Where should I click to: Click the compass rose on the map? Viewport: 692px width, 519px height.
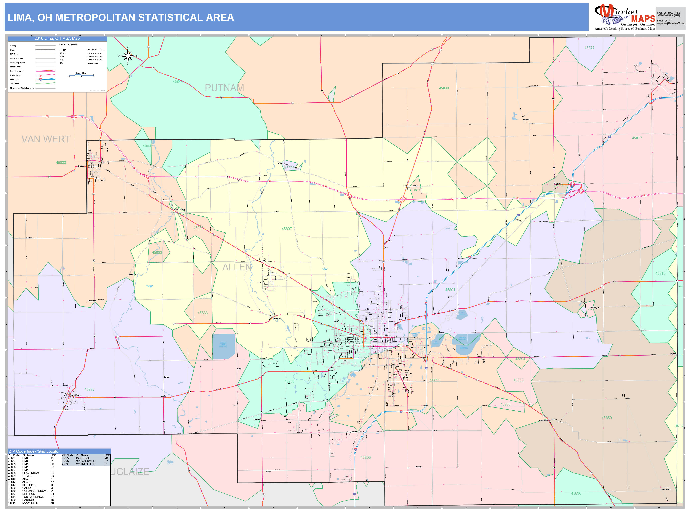pos(128,56)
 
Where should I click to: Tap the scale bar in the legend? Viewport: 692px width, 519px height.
pos(81,75)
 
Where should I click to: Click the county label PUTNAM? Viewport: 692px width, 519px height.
pos(224,88)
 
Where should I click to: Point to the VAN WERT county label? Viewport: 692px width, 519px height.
pos(46,139)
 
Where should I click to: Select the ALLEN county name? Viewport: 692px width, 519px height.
pos(237,267)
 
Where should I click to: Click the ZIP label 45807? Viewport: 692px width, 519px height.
pos(287,229)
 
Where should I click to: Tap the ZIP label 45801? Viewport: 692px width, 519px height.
pos(450,290)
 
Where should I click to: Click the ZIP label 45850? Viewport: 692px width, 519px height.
pos(606,418)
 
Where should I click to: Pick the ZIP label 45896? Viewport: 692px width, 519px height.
pos(576,493)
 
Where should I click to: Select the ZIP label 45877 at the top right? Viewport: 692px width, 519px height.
pos(589,48)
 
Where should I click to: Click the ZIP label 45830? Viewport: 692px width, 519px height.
pos(444,88)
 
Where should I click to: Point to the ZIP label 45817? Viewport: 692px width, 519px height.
pos(637,138)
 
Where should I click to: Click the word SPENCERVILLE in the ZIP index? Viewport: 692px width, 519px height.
pos(86,461)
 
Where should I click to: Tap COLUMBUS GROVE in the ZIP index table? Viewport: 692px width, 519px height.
pos(35,491)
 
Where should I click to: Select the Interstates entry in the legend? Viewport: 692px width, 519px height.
pos(14,80)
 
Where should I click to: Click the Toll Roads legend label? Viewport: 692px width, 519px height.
pos(14,84)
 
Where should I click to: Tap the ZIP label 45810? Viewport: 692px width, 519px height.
pos(660,274)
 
